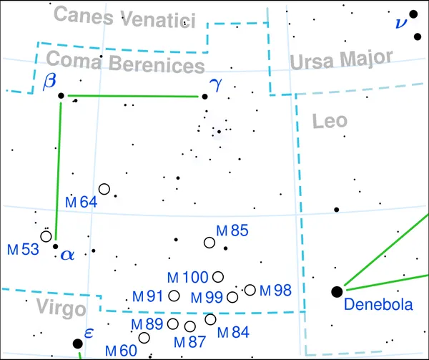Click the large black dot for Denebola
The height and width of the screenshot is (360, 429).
coord(337,292)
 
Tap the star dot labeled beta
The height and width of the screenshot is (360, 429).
coord(61,95)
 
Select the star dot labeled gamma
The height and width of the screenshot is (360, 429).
coord(204,97)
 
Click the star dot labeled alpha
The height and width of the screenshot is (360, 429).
coord(55,246)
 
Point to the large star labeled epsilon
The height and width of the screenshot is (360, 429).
coord(78,344)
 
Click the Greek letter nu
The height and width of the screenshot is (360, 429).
coord(401,24)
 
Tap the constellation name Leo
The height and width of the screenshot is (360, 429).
coord(330,121)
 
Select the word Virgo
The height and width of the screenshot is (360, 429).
coord(61,308)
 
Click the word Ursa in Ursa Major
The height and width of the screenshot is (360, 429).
coord(312,62)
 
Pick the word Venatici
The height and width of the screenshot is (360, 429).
coord(159,19)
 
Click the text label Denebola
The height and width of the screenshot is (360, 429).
coord(378,304)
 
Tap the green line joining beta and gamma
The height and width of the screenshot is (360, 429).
coord(133,96)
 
